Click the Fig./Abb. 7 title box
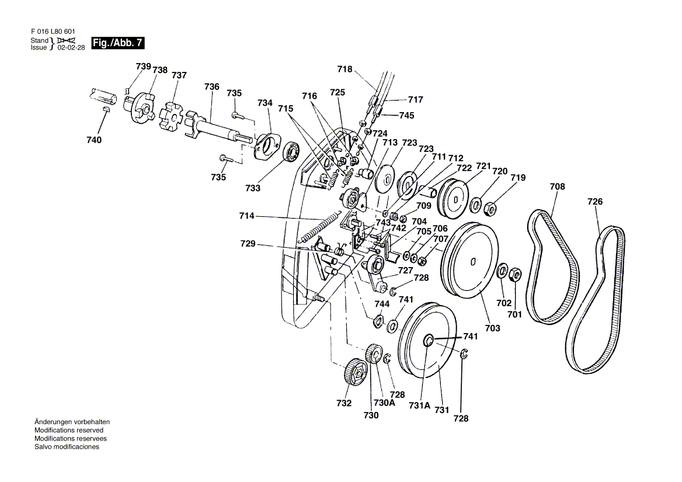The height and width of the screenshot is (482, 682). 117,43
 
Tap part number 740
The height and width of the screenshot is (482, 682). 94,140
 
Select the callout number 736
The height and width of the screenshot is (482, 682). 212,86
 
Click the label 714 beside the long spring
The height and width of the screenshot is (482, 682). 246,216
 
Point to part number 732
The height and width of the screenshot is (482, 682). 343,403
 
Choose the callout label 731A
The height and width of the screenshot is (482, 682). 419,405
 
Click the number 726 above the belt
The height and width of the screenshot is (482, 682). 595,202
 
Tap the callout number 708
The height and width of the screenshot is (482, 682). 557,186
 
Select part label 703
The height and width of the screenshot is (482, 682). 492,328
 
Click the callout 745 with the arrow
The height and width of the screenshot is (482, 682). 406,115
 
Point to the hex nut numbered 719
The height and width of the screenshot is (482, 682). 490,209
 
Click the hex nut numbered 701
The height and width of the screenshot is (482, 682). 514,274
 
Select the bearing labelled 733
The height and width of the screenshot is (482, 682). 292,152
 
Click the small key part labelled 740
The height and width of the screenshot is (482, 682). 106,109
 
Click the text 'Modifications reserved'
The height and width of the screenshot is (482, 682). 69,430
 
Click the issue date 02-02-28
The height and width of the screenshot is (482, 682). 71,47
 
